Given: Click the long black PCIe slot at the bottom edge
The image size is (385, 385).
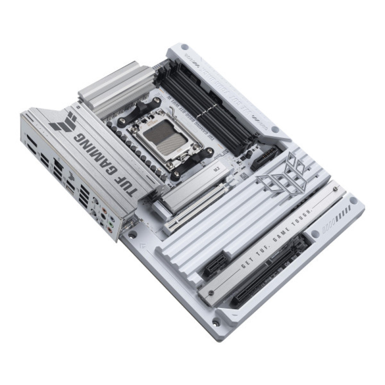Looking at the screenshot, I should pos(269,269).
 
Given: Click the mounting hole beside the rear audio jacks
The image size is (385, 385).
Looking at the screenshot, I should pos(132,234).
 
